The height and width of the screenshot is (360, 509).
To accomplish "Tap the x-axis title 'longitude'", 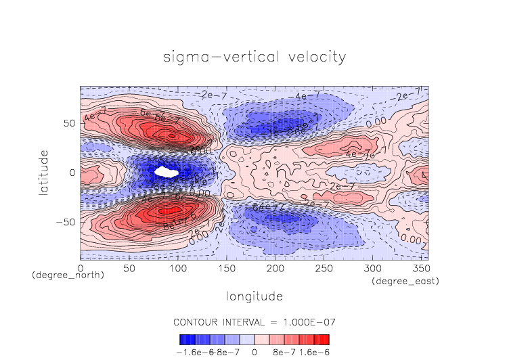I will click(x=254, y=296).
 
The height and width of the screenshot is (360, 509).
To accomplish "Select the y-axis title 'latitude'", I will click(x=43, y=173).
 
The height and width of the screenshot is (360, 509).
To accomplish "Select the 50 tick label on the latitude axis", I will click(x=68, y=124).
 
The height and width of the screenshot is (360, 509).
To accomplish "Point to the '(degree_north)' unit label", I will click(x=68, y=276).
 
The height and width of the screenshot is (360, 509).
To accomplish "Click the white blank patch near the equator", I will click(x=166, y=172).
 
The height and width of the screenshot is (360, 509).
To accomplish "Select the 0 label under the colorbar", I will click(x=253, y=352).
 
